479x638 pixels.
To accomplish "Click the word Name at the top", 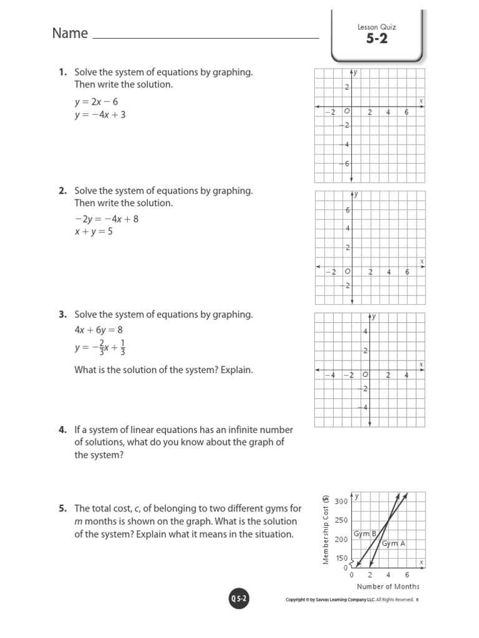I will (x=70, y=34).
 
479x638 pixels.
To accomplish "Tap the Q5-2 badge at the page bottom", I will (x=238, y=599).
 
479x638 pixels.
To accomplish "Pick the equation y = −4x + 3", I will (x=100, y=115).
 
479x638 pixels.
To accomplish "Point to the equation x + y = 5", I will (x=94, y=232).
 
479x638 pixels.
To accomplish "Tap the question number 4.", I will (x=62, y=430).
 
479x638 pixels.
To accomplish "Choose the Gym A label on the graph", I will (x=393, y=543).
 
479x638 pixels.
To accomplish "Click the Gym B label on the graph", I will (x=365, y=534).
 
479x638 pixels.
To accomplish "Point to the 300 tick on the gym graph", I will (x=341, y=502).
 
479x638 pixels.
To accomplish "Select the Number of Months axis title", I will (x=388, y=586).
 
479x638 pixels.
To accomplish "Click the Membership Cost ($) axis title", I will (x=326, y=530).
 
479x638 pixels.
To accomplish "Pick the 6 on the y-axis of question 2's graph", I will (x=347, y=210).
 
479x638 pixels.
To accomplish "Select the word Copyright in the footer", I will (x=298, y=600).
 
